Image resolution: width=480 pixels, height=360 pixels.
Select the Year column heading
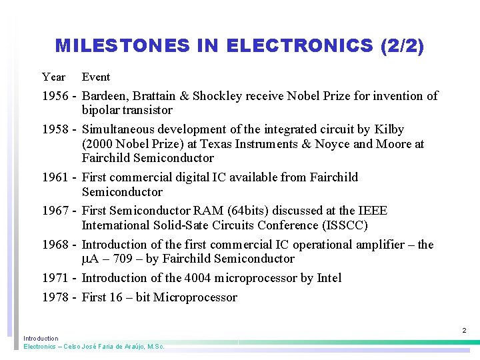pos(53,77)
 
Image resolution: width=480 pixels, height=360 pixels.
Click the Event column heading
pos(96,77)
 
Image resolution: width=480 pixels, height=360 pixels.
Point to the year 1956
pos(55,96)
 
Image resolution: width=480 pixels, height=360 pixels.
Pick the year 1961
pos(55,177)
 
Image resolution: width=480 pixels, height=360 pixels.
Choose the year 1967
pos(55,211)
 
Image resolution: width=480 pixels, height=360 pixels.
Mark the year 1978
pos(55,297)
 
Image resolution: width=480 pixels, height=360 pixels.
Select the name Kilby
pos(389,129)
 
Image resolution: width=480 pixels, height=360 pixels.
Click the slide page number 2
pos(464,331)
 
